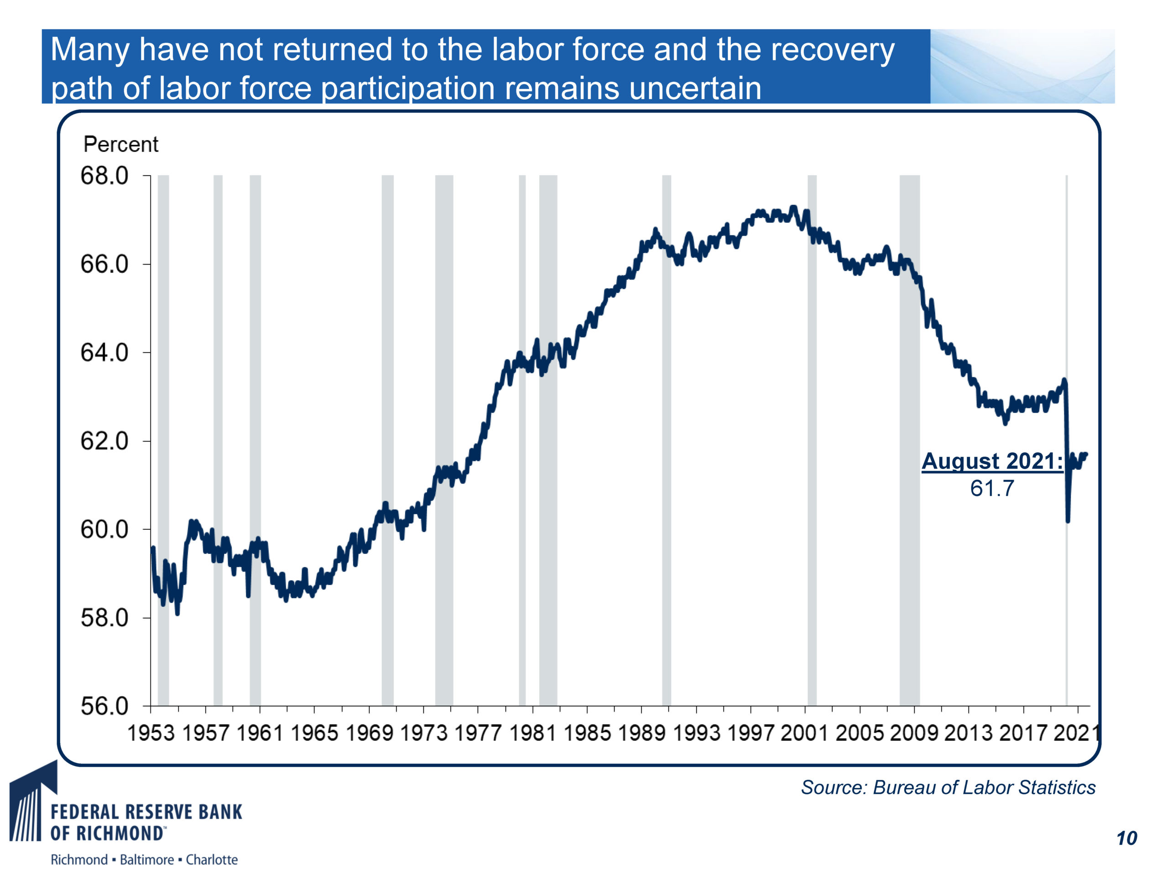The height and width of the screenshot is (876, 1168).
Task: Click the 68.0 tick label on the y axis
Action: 104,176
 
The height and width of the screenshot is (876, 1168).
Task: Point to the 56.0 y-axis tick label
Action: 104,706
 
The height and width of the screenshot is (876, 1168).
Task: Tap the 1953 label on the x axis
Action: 151,733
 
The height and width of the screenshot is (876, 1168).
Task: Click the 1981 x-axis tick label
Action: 533,733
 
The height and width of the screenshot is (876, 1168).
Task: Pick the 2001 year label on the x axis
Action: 805,733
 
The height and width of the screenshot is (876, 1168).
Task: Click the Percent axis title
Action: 121,145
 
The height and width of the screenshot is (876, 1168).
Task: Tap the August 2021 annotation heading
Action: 991,461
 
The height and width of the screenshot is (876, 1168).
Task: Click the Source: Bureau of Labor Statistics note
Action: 948,787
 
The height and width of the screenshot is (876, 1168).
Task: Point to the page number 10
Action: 1127,839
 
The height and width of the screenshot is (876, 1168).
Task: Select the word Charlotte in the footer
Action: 211,860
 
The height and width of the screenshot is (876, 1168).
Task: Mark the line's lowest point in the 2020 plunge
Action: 1068,521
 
